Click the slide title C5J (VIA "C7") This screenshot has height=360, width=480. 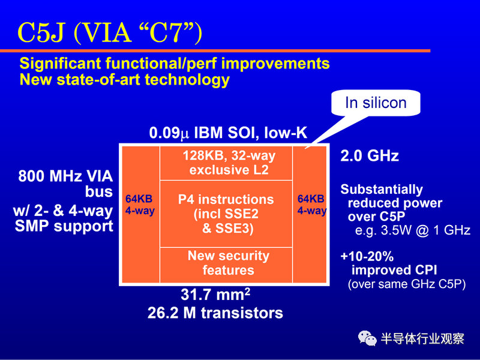click(x=110, y=33)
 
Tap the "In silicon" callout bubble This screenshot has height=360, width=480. click(x=376, y=103)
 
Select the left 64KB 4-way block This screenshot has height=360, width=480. click(x=141, y=214)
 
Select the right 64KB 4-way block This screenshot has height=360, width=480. click(x=310, y=214)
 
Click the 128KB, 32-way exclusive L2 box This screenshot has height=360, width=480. click(x=226, y=163)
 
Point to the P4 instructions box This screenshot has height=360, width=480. click(x=226, y=214)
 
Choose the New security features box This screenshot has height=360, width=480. click(x=226, y=265)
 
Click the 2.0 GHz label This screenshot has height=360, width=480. click(x=370, y=156)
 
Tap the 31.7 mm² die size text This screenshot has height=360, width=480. click(x=215, y=295)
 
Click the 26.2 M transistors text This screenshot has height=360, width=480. click(x=215, y=313)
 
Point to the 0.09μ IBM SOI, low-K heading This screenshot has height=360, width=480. click(x=228, y=133)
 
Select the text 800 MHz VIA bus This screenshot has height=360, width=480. click(x=65, y=184)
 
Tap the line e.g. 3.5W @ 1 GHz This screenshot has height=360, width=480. click(x=413, y=230)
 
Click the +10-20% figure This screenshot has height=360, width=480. click(x=367, y=257)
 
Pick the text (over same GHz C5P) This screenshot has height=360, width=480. click(x=407, y=284)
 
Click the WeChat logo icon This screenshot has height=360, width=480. click(x=367, y=338)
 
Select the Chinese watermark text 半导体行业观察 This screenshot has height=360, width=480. click(x=422, y=338)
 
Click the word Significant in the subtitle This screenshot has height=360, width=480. click(x=61, y=64)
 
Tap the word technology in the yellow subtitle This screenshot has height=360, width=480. click(x=187, y=80)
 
